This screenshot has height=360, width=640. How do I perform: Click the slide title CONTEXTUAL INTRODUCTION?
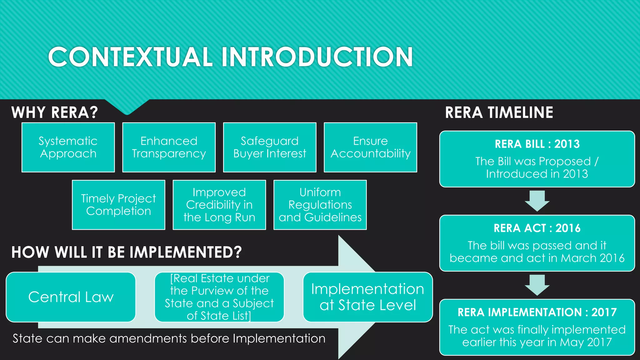coord(230,57)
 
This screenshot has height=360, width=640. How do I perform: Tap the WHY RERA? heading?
coord(55,112)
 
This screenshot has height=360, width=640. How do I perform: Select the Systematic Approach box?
coord(68,147)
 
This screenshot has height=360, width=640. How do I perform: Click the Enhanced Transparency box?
coord(169,147)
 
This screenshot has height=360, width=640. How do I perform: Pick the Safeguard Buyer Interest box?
coord(270,147)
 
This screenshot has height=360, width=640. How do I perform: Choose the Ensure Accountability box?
coord(370,147)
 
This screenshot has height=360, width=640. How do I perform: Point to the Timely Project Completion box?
coord(118,205)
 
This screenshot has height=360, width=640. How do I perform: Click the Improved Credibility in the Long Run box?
coord(219,205)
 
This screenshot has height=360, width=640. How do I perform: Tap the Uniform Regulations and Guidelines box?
coord(320,205)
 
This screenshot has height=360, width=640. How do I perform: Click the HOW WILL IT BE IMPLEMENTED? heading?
coord(127,252)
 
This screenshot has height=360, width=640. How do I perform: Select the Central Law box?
coord(71,297)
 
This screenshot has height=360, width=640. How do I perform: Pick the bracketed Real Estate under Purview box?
coord(219,297)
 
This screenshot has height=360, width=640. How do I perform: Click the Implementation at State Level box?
coord(367,297)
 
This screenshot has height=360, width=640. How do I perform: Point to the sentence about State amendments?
coord(169,338)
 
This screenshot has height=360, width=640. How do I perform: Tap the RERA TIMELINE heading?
coord(499,112)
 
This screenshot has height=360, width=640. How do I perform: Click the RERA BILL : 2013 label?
coord(537,144)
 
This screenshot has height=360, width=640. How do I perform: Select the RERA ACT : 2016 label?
coord(537,228)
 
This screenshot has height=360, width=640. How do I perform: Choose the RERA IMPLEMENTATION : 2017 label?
coord(537,312)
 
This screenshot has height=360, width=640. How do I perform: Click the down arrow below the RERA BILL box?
coord(537,201)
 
